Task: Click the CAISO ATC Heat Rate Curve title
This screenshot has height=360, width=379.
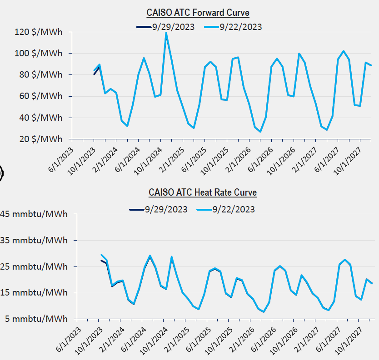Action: point(203,192)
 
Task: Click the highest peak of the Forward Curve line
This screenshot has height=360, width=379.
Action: point(166,33)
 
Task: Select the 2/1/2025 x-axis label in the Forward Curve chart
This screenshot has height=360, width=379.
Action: point(171,156)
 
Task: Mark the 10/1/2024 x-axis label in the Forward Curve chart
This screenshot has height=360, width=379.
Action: point(149,156)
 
